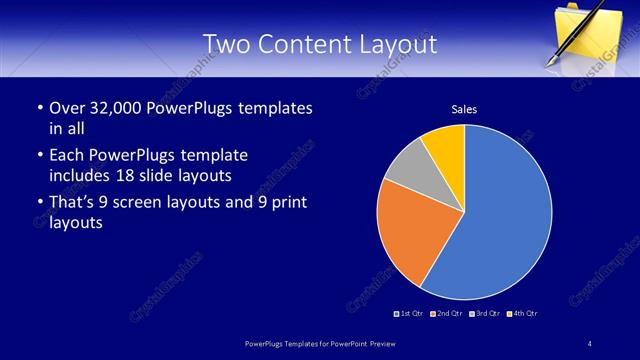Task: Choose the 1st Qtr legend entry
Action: pyautogui.click(x=409, y=313)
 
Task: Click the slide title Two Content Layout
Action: pyautogui.click(x=319, y=44)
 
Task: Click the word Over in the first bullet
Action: pyautogui.click(x=66, y=108)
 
